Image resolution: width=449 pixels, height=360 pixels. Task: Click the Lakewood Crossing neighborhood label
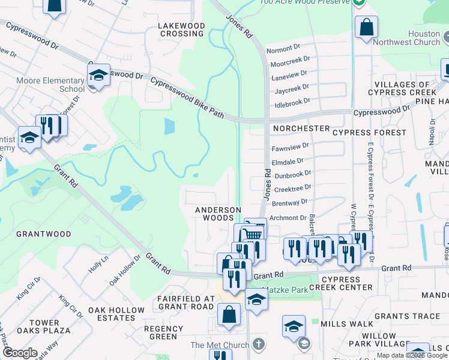tap(181, 30)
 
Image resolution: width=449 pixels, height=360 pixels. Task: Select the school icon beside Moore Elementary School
tap(98, 75)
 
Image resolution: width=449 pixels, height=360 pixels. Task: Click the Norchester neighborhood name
tap(301, 128)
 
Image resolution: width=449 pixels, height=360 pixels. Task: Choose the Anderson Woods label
tap(218, 214)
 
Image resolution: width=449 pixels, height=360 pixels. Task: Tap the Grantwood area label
tap(43, 234)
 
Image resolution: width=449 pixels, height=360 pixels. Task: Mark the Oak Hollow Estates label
tap(116, 314)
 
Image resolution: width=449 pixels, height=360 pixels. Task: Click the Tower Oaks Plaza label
tap(44, 327)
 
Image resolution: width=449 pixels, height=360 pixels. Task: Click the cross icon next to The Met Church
tap(258, 344)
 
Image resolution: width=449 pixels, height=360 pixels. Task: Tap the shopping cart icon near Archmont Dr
tap(255, 232)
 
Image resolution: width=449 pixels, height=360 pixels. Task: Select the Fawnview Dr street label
tap(290, 146)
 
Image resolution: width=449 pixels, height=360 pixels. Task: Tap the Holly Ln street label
tap(98, 265)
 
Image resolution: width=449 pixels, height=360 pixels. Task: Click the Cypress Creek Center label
tap(348, 283)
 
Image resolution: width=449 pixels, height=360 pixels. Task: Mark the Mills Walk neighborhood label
tap(347, 323)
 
